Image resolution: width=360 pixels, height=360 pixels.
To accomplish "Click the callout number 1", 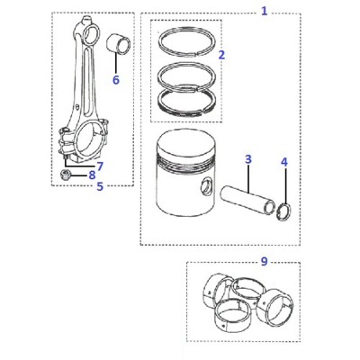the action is click(264, 12).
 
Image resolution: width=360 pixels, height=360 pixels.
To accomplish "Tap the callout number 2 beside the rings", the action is click(221, 55).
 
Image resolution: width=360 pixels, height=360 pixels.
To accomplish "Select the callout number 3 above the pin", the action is click(247, 159).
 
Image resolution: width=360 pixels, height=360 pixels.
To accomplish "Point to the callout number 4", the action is click(284, 162).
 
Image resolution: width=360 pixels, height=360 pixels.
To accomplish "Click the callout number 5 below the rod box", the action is click(100, 186).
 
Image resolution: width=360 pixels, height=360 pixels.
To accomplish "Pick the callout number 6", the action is click(116, 80).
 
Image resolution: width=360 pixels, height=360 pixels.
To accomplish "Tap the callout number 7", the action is click(100, 166).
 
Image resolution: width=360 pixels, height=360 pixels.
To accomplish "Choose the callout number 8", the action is click(92, 175).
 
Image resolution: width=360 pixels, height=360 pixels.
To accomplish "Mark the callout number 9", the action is click(264, 261).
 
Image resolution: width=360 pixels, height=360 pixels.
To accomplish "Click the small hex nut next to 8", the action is click(65, 175).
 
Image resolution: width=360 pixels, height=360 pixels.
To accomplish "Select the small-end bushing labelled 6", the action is click(119, 44).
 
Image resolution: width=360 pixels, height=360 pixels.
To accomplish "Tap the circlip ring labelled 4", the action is click(283, 211).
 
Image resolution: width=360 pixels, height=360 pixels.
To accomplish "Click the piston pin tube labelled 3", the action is click(247, 200).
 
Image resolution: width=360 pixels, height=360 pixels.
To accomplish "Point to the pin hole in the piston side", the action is click(207, 187).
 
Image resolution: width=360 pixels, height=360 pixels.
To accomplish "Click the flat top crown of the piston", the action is click(186, 143).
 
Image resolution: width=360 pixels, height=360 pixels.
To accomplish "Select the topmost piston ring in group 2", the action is click(187, 30).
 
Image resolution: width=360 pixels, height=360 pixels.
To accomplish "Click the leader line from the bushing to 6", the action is click(116, 63).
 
